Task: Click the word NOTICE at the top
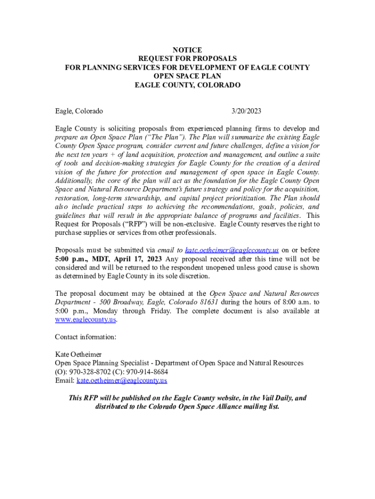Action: click(x=187, y=50)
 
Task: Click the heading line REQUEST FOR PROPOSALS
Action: click(x=187, y=59)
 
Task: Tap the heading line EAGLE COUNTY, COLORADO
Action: click(x=187, y=85)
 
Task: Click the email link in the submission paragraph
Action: click(x=232, y=250)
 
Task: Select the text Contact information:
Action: click(x=85, y=337)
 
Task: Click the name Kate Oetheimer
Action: click(x=78, y=354)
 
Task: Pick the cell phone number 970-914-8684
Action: click(x=147, y=372)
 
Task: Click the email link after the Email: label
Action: click(x=122, y=381)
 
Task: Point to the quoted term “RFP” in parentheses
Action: click(x=135, y=224)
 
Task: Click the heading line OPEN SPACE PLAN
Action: click(x=187, y=76)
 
